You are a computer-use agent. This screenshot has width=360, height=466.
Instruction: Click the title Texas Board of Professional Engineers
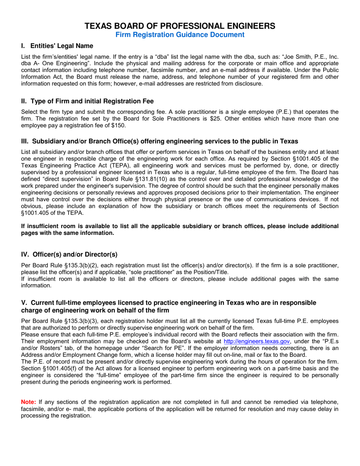[x=180, y=26]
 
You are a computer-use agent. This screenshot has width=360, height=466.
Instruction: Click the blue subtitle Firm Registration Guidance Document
[x=180, y=35]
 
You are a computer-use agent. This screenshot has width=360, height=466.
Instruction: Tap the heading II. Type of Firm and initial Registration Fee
[x=87, y=101]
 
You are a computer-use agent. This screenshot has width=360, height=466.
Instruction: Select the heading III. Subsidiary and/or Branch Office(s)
[x=159, y=141]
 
